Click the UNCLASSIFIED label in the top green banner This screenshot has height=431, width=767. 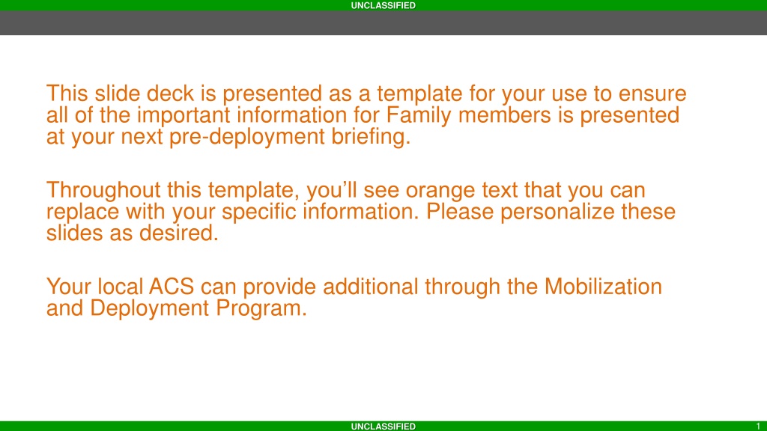click(383, 5)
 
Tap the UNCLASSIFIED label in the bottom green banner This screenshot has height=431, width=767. click(383, 426)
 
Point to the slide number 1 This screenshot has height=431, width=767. click(758, 426)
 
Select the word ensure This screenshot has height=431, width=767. click(652, 94)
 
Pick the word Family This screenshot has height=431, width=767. click(419, 116)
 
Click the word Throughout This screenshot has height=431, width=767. click(103, 191)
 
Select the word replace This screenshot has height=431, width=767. click(82, 213)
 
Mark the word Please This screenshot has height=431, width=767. click(460, 212)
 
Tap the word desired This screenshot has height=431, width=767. click(178, 233)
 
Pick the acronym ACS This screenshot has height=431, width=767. click(172, 287)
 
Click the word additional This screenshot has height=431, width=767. click(370, 287)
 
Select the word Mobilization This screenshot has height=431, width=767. click(603, 287)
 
